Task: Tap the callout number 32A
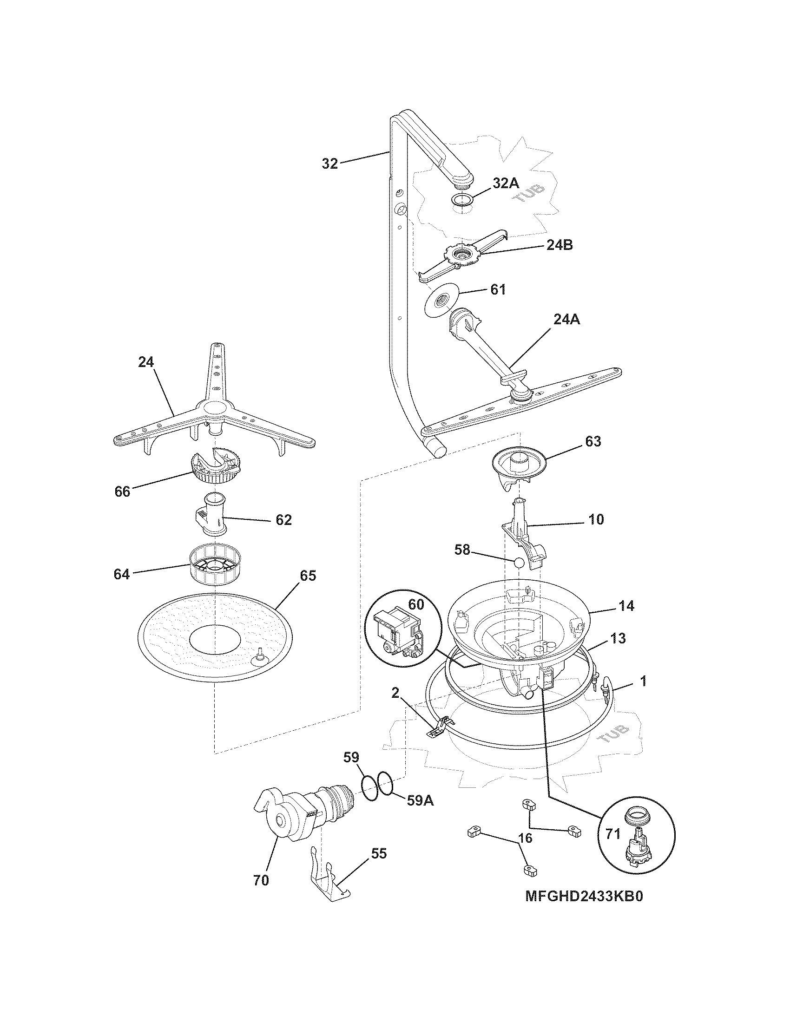506,183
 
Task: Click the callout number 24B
559,245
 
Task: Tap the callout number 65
308,576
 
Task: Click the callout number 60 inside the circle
416,604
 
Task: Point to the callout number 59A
420,801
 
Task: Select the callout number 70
261,880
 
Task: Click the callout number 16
526,838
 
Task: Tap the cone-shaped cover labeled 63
518,468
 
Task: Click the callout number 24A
567,319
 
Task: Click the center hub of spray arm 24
213,410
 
